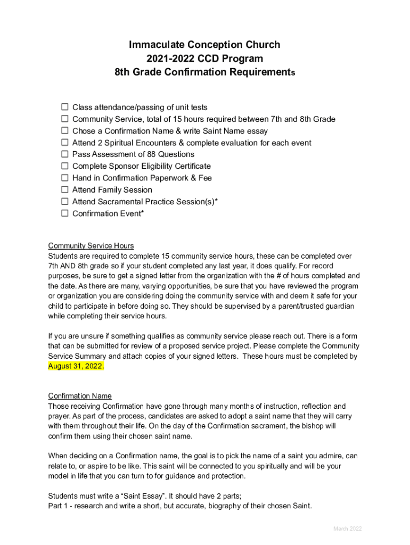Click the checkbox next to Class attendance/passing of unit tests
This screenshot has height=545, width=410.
64,107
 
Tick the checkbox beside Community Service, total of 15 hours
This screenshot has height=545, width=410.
64,119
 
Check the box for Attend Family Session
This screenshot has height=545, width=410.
64,189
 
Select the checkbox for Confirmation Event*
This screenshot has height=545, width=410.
64,213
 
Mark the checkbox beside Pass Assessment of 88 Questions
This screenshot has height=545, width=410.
64,154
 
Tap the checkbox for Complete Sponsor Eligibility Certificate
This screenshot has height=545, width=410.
64,166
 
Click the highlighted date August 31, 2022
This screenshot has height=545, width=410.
76,366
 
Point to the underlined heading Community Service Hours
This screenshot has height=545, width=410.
91,245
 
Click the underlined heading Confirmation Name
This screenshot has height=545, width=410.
80,396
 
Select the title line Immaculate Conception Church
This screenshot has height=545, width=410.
204,45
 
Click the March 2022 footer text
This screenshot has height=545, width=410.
347,529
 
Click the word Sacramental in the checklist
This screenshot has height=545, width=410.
124,202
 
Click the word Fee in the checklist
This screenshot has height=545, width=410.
205,178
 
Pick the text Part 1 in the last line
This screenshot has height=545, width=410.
58,506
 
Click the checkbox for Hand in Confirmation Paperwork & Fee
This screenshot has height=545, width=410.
64,178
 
